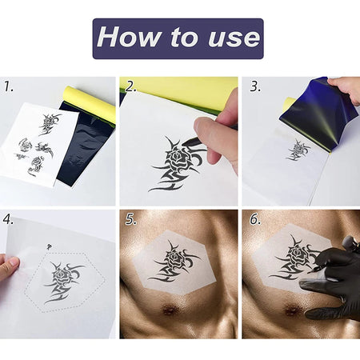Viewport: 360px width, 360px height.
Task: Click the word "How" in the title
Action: coord(130,38)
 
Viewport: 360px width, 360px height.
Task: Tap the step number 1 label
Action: coord(9,85)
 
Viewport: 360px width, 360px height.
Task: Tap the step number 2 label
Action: coord(131,86)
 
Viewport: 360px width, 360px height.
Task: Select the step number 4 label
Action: coord(9,218)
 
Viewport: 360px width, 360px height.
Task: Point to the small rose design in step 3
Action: coord(300,149)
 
